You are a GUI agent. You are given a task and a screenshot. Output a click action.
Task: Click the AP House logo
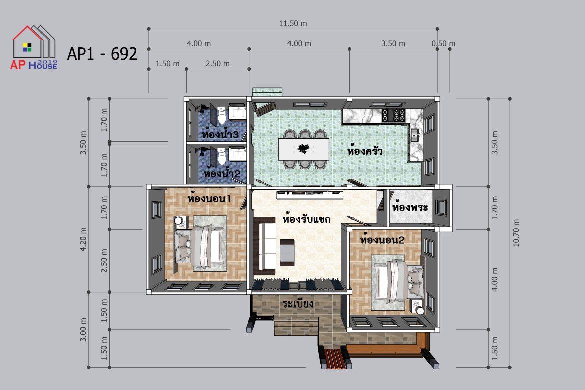(34, 47)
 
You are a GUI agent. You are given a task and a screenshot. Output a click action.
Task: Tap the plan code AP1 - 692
(102, 54)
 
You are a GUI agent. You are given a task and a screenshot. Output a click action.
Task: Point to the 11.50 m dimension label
(293, 24)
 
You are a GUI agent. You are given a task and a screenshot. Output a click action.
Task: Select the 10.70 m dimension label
(516, 233)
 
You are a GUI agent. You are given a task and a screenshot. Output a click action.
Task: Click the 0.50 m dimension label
(443, 43)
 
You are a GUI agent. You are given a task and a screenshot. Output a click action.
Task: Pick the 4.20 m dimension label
(83, 239)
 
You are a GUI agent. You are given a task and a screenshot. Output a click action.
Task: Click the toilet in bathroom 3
(222, 116)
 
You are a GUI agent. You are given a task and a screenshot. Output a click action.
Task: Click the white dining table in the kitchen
(303, 149)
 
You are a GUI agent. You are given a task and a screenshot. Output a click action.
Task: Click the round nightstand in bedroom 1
(178, 221)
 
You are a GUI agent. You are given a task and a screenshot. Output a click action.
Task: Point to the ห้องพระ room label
(410, 207)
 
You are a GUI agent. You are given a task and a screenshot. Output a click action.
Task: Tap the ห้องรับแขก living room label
(306, 218)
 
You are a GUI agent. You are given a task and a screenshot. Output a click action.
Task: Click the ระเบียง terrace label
(297, 303)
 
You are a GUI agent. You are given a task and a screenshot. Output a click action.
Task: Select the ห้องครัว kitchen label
(365, 151)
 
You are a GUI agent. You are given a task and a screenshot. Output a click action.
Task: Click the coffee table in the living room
(287, 252)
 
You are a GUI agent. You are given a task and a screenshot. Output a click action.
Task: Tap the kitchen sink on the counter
(415, 135)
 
